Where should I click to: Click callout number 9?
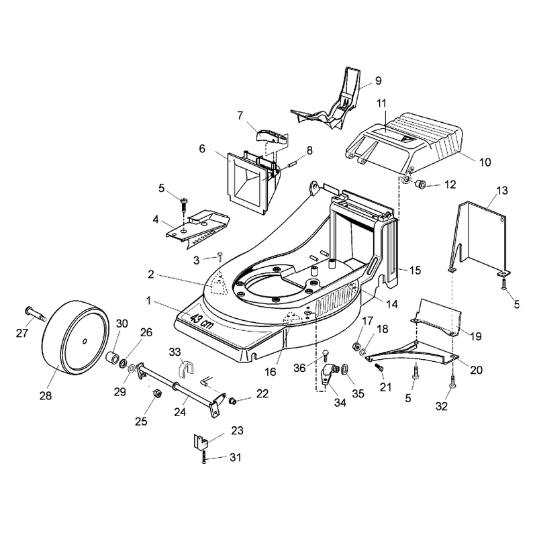378,81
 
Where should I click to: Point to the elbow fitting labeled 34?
327,375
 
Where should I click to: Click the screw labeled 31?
204,457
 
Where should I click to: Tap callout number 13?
502,191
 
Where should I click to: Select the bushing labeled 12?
420,185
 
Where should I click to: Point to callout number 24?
180,412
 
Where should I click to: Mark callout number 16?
271,372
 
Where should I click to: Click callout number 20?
477,370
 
